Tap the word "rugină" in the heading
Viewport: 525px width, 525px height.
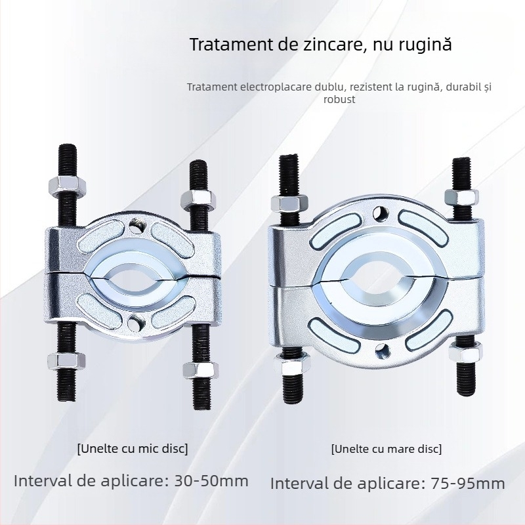coord(427,45)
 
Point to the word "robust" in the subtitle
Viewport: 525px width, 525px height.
coord(339,100)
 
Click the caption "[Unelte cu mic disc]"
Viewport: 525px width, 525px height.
coord(133,449)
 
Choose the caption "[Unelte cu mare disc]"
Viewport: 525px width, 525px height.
coord(387,449)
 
